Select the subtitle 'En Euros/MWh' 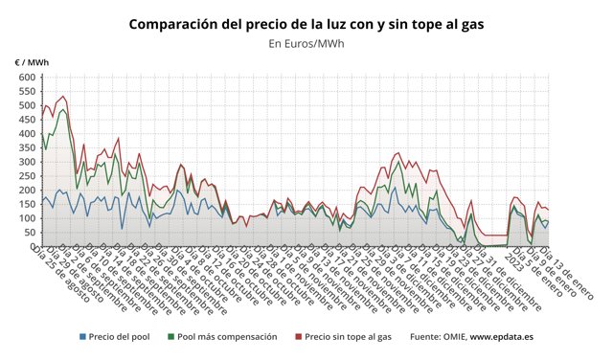click(306, 43)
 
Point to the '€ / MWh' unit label click(32, 62)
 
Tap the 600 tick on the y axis click(27, 77)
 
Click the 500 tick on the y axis click(27, 104)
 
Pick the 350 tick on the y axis click(27, 147)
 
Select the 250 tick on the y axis click(27, 176)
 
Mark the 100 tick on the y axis click(27, 218)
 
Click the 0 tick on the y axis click(33, 247)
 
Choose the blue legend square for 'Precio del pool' click(82, 337)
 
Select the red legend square click(298, 337)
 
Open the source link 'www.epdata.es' click(501, 337)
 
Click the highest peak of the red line click(63, 95)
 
